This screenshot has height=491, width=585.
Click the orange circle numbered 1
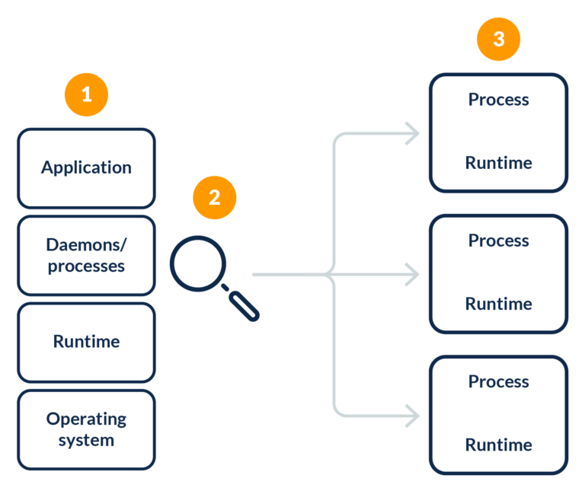(x=86, y=95)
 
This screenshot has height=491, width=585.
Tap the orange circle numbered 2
(x=214, y=198)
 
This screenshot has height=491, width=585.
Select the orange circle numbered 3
(x=498, y=39)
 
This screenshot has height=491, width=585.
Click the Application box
(x=86, y=168)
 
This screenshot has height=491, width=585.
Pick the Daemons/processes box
(x=86, y=256)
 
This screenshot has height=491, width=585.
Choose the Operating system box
(x=86, y=429)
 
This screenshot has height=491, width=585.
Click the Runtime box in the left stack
(x=86, y=342)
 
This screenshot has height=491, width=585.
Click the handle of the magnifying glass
(x=244, y=305)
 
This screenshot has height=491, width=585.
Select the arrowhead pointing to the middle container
(x=413, y=275)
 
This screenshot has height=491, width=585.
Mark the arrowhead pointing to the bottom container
(x=413, y=416)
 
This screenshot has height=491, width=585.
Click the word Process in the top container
(x=498, y=100)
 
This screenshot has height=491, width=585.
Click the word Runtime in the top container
(x=498, y=163)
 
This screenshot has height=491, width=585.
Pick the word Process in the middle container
(x=498, y=241)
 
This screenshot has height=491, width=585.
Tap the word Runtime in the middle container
(x=498, y=304)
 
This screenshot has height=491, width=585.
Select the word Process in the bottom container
(x=498, y=381)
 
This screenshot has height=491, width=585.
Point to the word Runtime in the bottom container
(x=498, y=445)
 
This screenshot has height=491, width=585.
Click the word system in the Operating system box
(x=86, y=440)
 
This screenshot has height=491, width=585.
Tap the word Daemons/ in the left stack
(x=86, y=245)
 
